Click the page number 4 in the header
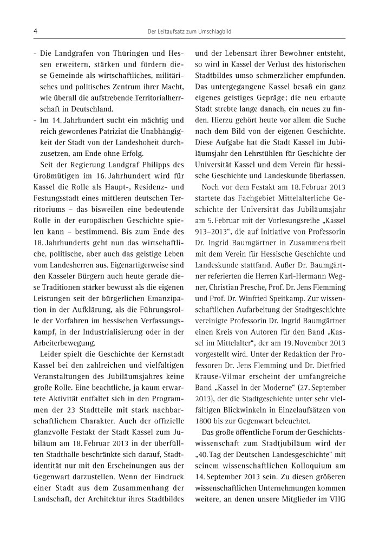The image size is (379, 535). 35,32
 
